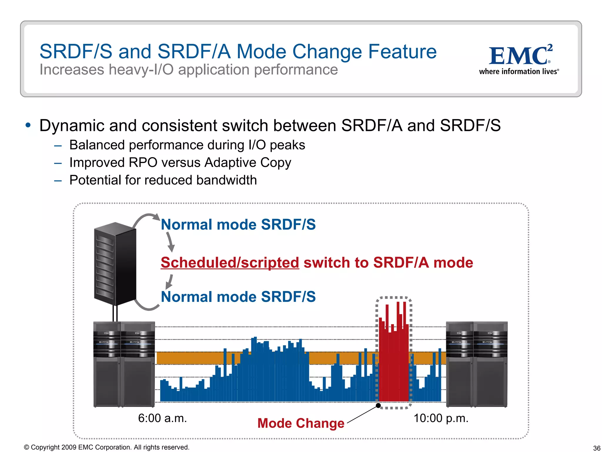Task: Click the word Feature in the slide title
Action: pos(402,52)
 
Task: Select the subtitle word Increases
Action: pos(72,70)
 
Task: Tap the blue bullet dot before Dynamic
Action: pos(28,125)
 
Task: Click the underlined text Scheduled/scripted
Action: pos(230,262)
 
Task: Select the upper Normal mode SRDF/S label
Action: pos(238,225)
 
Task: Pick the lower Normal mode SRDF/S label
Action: pos(238,297)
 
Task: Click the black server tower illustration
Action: pos(115,264)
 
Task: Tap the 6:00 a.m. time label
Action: pos(162,418)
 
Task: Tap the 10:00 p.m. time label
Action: pos(441,418)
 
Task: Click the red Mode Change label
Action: pos(301,423)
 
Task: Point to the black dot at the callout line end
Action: pos(379,406)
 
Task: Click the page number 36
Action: pos(596,448)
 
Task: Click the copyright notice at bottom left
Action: pos(106,447)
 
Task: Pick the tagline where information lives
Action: pos(519,72)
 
